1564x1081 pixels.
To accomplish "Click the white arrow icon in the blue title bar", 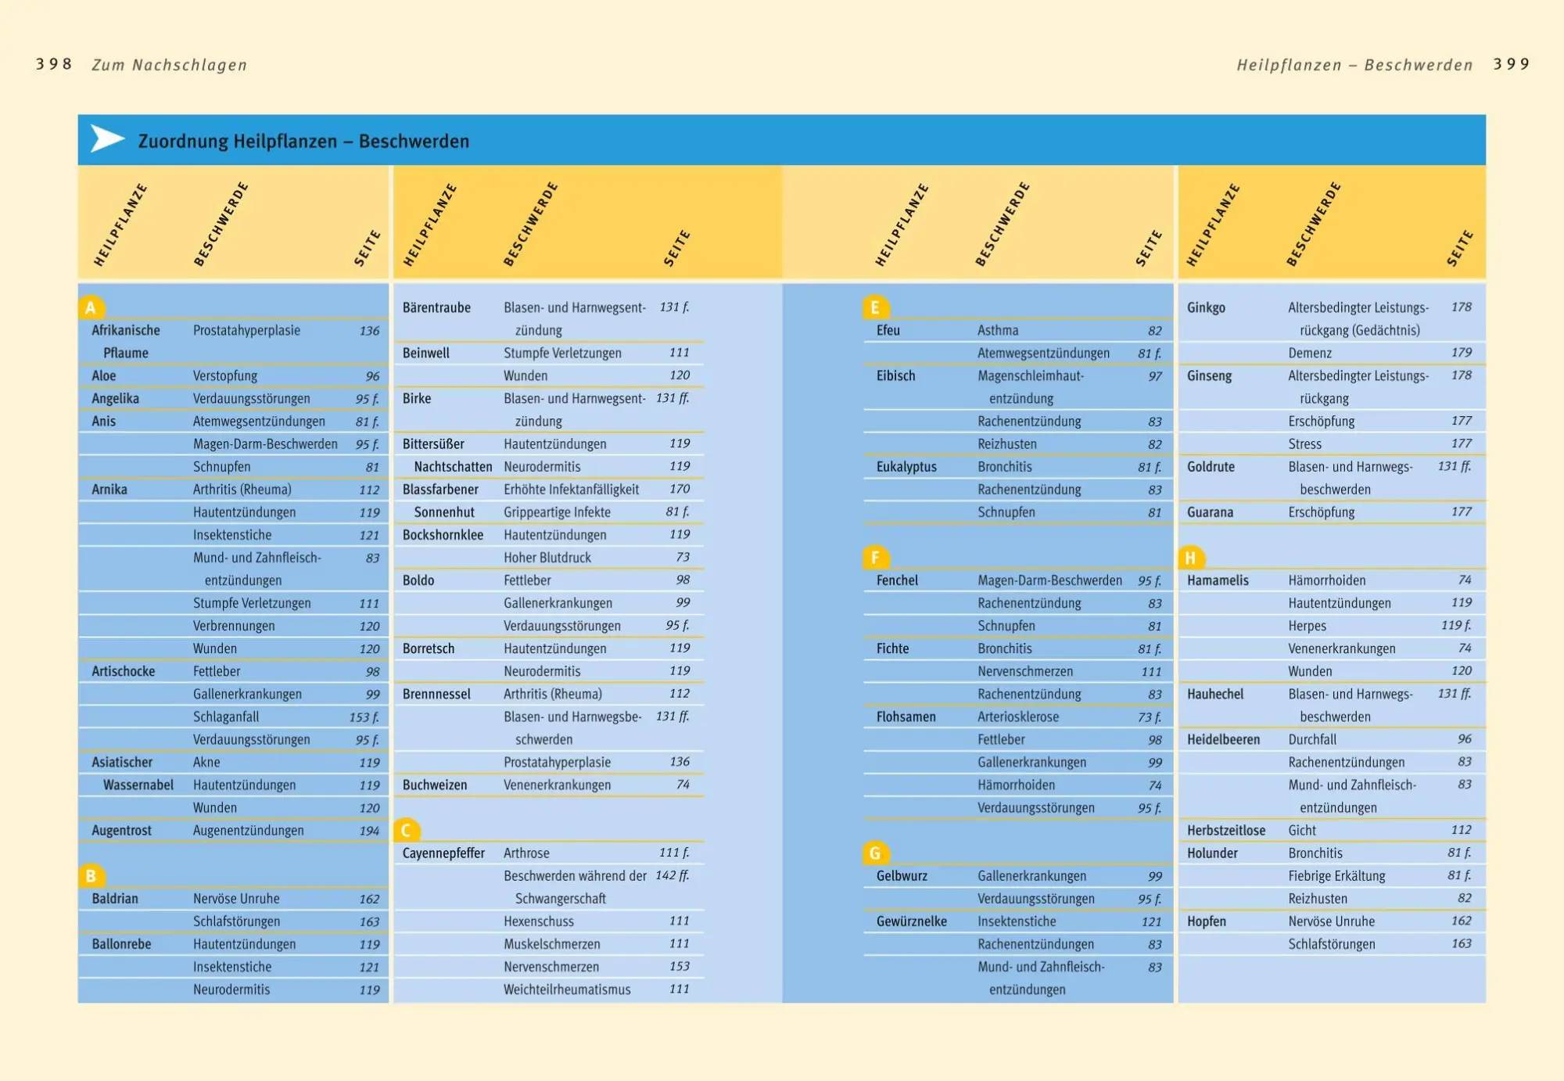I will click(107, 139).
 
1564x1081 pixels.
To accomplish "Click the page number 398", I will click(54, 64).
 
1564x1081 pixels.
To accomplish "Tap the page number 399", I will click(1511, 64).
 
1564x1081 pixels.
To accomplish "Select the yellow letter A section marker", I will click(91, 307).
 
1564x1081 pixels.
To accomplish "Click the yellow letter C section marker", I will click(407, 830).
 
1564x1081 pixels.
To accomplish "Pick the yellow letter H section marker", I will click(1190, 558).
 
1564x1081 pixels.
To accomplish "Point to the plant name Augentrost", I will click(121, 830).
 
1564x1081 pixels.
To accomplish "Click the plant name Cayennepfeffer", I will click(443, 853).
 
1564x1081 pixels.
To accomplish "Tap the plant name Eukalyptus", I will click(906, 466).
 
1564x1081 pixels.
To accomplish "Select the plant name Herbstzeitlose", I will click(1225, 830).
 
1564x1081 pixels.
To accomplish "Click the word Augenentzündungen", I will click(249, 830).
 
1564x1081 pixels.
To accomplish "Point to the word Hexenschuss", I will click(539, 921).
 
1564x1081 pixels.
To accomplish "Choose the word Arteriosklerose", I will click(1018, 716).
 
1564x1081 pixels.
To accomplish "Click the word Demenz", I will click(1310, 353).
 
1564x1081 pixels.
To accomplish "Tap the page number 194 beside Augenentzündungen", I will click(369, 831).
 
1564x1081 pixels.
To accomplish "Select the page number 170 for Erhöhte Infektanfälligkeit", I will click(680, 489).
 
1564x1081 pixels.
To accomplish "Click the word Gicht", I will click(1302, 830).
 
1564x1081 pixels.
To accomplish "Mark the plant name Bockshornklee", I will click(443, 534).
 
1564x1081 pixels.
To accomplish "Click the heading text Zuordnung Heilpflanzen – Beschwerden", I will click(303, 141).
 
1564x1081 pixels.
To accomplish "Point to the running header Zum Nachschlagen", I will click(169, 65).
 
